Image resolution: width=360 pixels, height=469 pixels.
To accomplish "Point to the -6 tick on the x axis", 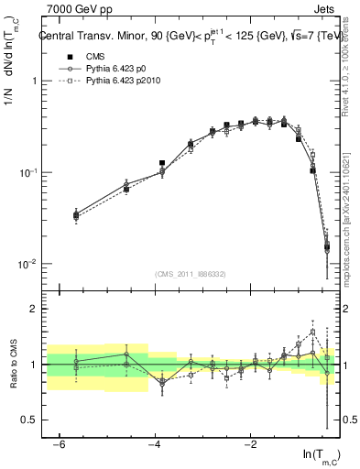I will click(x=60, y=443).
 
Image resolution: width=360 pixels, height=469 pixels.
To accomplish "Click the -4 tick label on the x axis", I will click(x=155, y=443).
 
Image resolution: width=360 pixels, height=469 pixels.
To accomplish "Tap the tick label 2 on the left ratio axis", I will click(x=31, y=309).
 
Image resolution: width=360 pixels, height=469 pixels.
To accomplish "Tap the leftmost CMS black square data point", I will click(x=76, y=216).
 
